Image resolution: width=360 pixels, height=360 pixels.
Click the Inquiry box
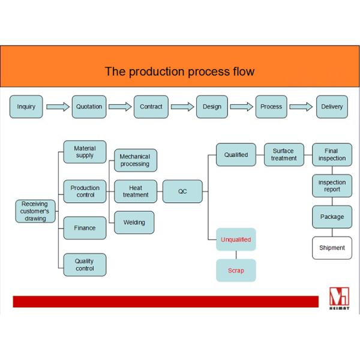click(x=26, y=107)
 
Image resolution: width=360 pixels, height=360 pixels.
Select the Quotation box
click(x=89, y=107)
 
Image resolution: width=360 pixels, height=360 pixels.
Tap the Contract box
click(x=151, y=107)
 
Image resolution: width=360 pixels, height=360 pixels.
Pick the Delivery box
click(x=332, y=107)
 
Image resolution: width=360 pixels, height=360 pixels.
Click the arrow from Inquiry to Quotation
click(x=58, y=107)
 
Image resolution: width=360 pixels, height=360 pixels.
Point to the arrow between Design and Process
click(x=241, y=107)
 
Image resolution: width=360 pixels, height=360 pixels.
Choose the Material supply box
click(x=85, y=152)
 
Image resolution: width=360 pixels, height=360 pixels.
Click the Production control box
click(x=85, y=191)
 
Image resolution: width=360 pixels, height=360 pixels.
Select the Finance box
click(x=85, y=228)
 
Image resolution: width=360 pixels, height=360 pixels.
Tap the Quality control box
click(x=85, y=265)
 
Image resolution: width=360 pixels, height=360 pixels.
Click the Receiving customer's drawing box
click(x=34, y=211)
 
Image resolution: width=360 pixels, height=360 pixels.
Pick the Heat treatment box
click(x=136, y=191)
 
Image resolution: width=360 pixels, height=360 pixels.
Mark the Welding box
click(x=134, y=223)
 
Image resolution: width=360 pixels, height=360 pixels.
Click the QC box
click(x=182, y=191)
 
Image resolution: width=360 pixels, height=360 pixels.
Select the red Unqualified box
click(x=236, y=239)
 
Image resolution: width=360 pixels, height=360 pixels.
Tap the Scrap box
click(x=236, y=271)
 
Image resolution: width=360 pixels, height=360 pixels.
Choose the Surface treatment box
click(x=284, y=155)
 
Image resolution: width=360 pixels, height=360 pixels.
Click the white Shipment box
click(x=332, y=248)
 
